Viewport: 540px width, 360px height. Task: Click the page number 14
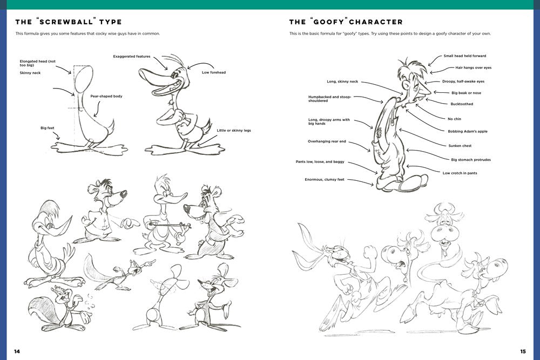tap(17, 351)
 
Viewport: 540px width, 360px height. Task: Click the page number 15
tap(523, 351)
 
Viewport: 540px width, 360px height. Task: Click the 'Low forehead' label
tap(214, 72)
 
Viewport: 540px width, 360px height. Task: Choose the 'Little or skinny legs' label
tap(234, 130)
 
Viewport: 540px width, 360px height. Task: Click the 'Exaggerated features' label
tap(131, 56)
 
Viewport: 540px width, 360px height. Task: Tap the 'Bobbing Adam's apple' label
tap(467, 131)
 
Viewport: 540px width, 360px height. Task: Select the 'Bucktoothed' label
tap(462, 104)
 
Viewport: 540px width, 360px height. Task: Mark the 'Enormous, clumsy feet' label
tap(324, 179)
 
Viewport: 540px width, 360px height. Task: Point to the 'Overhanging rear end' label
tap(327, 141)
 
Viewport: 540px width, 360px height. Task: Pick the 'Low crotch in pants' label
tap(460, 173)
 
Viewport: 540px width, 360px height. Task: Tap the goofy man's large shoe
tap(413, 184)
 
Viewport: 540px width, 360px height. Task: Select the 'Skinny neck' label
tap(30, 72)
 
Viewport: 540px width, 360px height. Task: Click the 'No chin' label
tap(454, 119)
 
